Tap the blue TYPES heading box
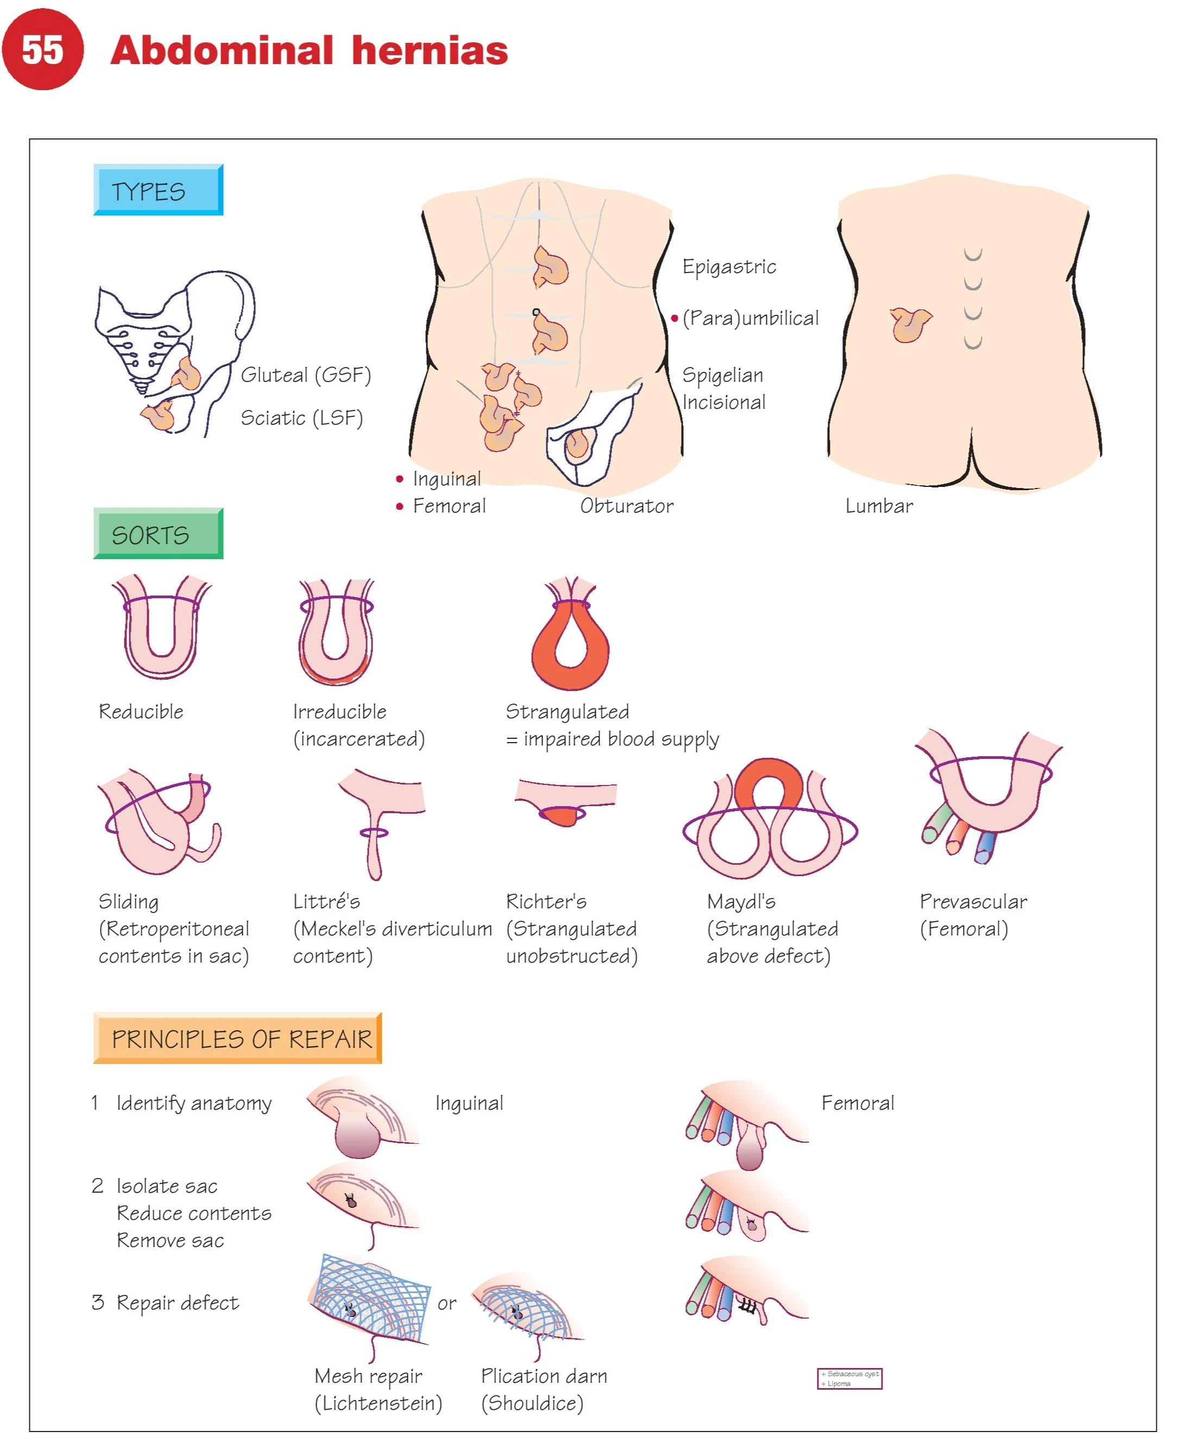coord(158,190)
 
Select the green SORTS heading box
coord(158,534)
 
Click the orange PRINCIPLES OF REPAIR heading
coord(237,1038)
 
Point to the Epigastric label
coord(729,267)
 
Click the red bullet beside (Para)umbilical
coord(675,318)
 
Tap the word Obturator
coord(626,505)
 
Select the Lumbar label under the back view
coord(879,505)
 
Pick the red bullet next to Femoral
coord(400,506)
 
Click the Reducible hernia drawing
coord(161,628)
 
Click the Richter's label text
coord(546,901)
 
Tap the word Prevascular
coord(973,901)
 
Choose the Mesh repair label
coord(368,1376)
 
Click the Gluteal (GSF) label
coord(305,375)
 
